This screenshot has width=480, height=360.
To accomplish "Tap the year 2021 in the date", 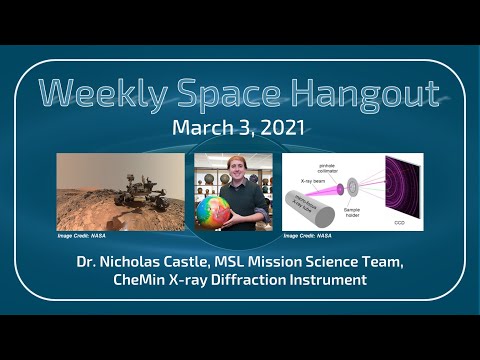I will [283, 128].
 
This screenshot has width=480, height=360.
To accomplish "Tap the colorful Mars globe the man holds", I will [219, 212].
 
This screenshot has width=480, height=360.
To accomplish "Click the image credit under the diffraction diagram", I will [308, 237].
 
